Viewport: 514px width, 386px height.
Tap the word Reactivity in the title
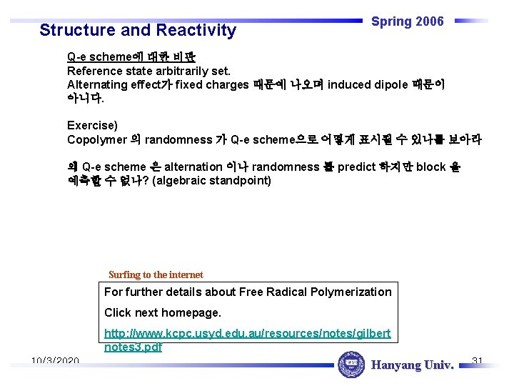(191, 30)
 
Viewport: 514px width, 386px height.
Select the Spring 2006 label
(408, 21)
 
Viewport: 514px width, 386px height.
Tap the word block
(431, 167)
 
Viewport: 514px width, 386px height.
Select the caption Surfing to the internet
(156, 274)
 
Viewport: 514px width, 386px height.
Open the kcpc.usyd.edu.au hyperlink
(247, 340)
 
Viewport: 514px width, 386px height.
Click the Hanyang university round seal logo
(351, 365)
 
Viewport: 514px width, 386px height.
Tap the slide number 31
(478, 360)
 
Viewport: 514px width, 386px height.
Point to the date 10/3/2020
(55, 361)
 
